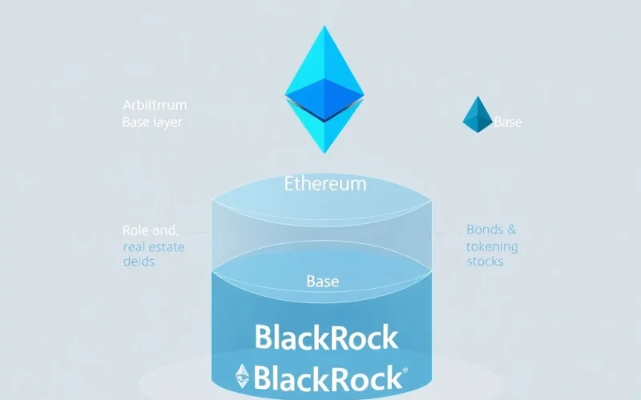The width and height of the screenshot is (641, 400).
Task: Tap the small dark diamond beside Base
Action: [x=478, y=115]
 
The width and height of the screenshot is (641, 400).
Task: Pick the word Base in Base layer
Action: [x=136, y=122]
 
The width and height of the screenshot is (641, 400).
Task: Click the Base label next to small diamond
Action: [x=508, y=122]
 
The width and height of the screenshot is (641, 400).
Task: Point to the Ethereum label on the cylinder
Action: [x=325, y=183]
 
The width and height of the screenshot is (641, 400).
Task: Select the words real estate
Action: [x=154, y=246]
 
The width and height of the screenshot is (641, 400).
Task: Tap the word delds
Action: [x=139, y=262]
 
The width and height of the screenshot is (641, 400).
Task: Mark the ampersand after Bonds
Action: [x=511, y=230]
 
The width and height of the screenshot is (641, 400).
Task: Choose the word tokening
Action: [x=492, y=246]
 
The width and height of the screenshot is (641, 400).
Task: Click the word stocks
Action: [x=486, y=262]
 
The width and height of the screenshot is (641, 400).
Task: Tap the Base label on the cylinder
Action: [x=323, y=282]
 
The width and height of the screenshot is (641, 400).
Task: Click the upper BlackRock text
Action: [x=325, y=337]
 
